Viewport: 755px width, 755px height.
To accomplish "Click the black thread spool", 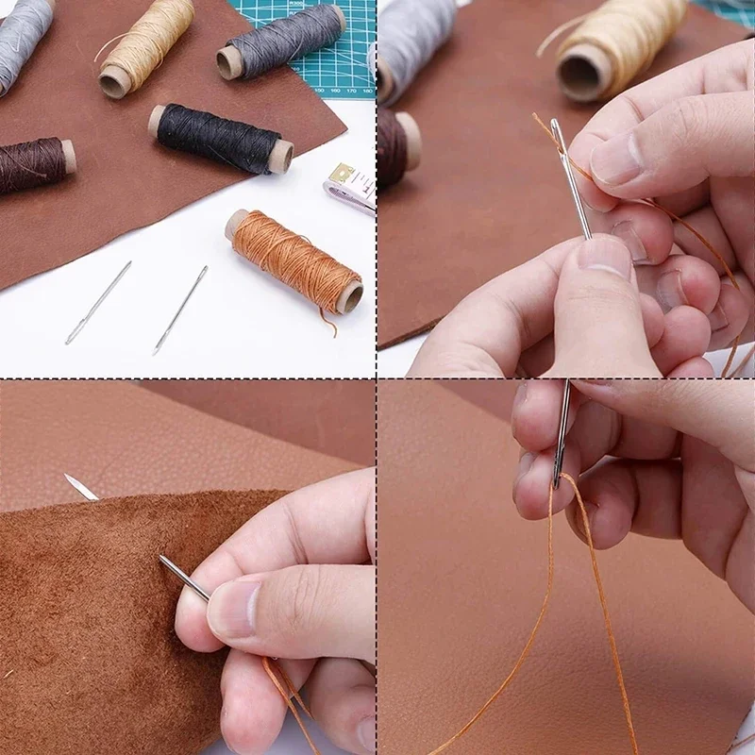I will [x=219, y=138].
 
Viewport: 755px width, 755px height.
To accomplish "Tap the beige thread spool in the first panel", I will [x=146, y=46].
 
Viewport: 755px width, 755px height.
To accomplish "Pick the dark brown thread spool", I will [x=34, y=165].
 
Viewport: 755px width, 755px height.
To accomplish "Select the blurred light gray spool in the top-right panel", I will [x=415, y=42].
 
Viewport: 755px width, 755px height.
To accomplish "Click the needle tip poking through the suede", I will [x=80, y=487].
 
